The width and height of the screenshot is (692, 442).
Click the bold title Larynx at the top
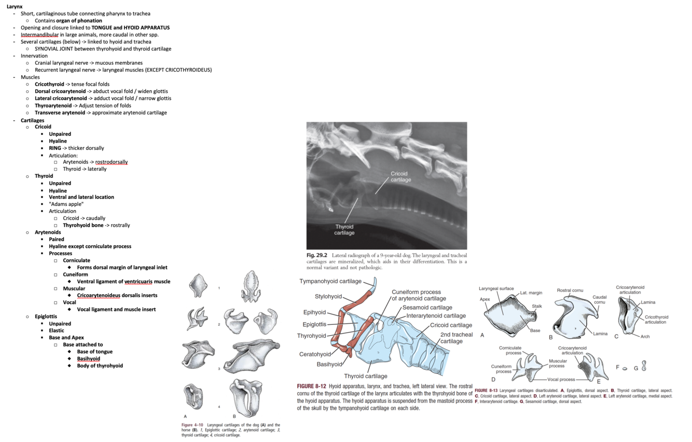click(x=15, y=6)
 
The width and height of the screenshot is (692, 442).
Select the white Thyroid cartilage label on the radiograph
click(x=344, y=230)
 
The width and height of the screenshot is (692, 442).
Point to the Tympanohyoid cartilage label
click(x=330, y=281)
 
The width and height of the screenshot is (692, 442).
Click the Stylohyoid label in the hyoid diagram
click(x=328, y=297)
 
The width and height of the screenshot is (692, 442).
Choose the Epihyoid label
click(x=314, y=312)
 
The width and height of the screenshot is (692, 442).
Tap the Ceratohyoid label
click(x=315, y=354)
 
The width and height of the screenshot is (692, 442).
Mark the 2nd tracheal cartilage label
click(x=456, y=338)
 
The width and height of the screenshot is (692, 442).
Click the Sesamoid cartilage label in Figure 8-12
click(x=427, y=308)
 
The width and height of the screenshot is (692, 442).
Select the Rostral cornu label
click(x=570, y=290)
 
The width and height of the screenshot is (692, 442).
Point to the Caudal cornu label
click(x=600, y=299)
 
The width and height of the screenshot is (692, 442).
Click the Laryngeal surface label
click(x=496, y=288)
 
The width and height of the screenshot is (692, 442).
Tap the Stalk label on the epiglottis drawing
click(x=537, y=306)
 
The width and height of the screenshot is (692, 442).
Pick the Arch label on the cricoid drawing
click(x=645, y=337)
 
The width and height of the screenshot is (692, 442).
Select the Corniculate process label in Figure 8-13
click(x=510, y=350)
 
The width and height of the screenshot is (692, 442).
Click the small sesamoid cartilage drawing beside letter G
click(x=644, y=366)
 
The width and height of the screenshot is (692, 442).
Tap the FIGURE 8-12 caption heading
click(x=311, y=386)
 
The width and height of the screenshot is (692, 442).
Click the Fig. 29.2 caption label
click(x=316, y=255)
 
